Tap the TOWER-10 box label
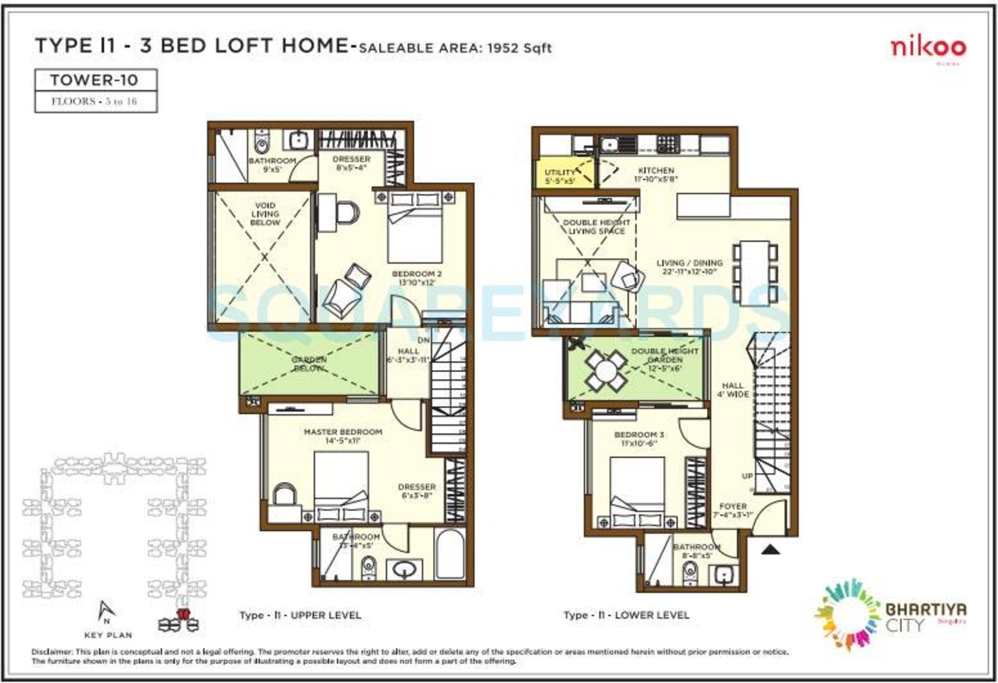tap(94, 80)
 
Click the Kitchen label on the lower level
tap(656, 171)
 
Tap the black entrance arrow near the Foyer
tap(770, 549)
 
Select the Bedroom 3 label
tap(639, 435)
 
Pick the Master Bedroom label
tap(343, 432)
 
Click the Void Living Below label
tap(265, 214)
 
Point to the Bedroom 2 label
tap(416, 274)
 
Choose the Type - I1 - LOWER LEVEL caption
tap(626, 615)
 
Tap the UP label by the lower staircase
tap(747, 476)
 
